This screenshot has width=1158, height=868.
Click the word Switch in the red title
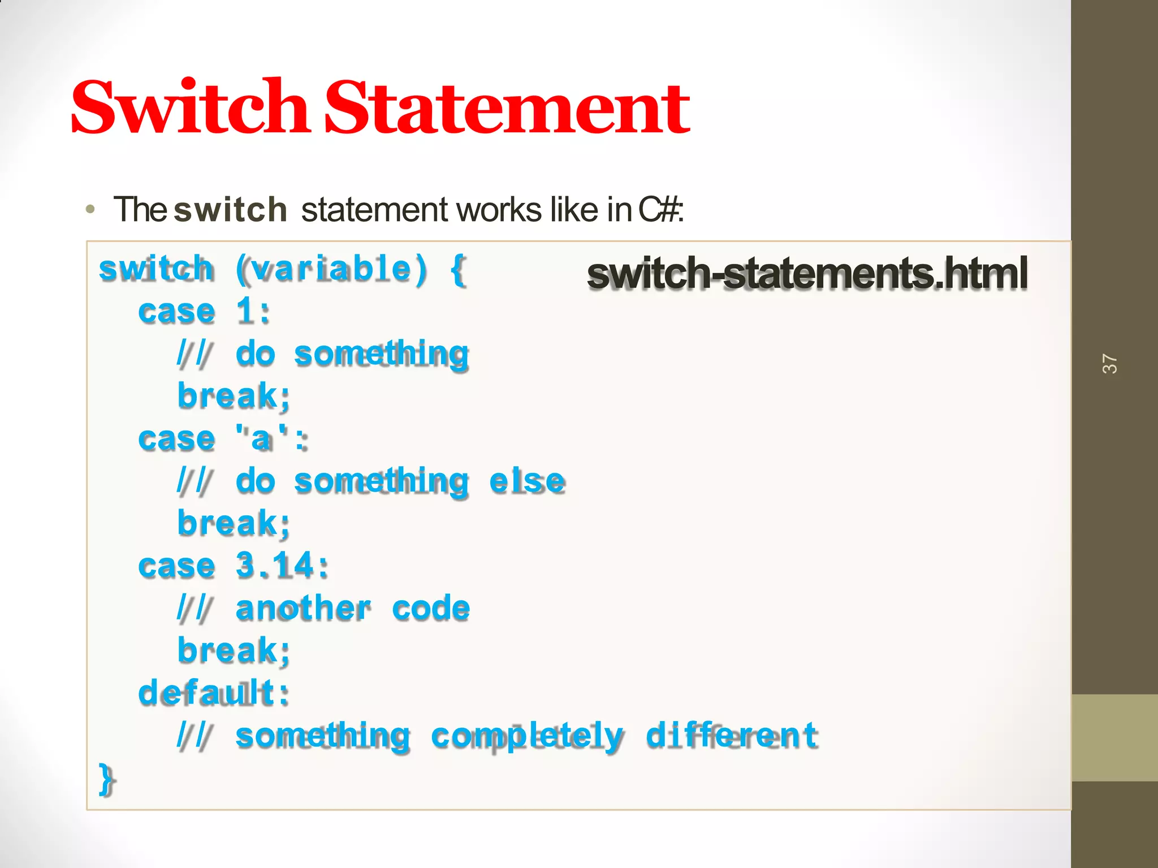(189, 107)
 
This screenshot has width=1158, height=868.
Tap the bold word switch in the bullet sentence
(230, 210)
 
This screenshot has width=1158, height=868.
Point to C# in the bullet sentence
(659, 210)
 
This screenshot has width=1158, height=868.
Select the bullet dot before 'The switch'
(90, 210)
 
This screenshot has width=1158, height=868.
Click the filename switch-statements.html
(807, 274)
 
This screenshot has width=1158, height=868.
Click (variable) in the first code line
(331, 269)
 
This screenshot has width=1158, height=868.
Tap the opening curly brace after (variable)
(458, 270)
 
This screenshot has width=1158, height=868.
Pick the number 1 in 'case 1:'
(245, 311)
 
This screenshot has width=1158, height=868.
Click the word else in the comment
(527, 482)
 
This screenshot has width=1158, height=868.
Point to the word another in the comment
(303, 609)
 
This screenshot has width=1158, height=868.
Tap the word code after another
(431, 609)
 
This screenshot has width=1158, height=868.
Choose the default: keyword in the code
(214, 693)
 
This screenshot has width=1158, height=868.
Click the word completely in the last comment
(527, 736)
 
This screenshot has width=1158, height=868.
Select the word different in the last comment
(732, 735)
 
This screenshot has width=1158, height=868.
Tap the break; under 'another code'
(234, 651)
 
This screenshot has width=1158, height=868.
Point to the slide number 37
(1109, 364)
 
